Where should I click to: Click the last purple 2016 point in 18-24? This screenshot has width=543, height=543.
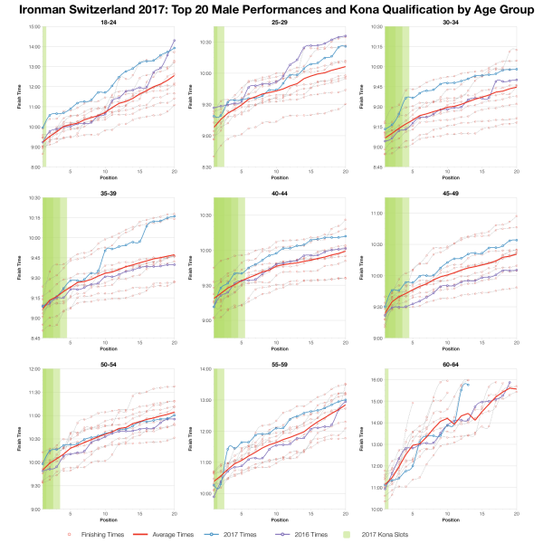175,40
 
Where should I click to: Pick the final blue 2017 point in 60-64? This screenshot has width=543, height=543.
468,384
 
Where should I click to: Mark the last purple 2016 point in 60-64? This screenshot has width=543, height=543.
510,382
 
